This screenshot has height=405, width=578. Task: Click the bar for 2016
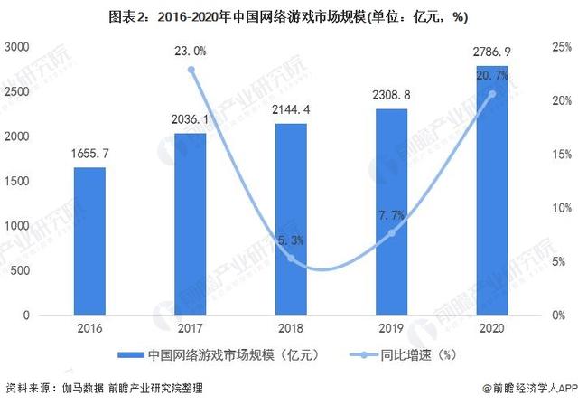[x=89, y=240]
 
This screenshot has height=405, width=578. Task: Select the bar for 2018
[x=291, y=219]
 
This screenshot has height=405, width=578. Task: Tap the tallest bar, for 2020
[x=492, y=190]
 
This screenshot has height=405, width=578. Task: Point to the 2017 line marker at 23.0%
[x=191, y=70]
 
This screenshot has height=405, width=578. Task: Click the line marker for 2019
[x=392, y=232]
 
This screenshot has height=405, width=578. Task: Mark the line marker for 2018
[x=291, y=259]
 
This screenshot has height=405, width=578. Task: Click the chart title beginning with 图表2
[x=289, y=15]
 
